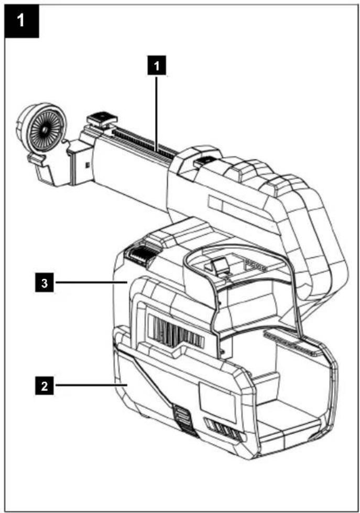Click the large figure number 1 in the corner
(x=21, y=20)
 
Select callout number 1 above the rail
(x=157, y=66)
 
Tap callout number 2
(x=45, y=386)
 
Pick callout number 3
(x=45, y=283)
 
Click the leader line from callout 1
(x=157, y=113)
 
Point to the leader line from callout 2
(x=91, y=386)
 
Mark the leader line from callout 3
(x=91, y=282)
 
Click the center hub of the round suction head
(x=44, y=129)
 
